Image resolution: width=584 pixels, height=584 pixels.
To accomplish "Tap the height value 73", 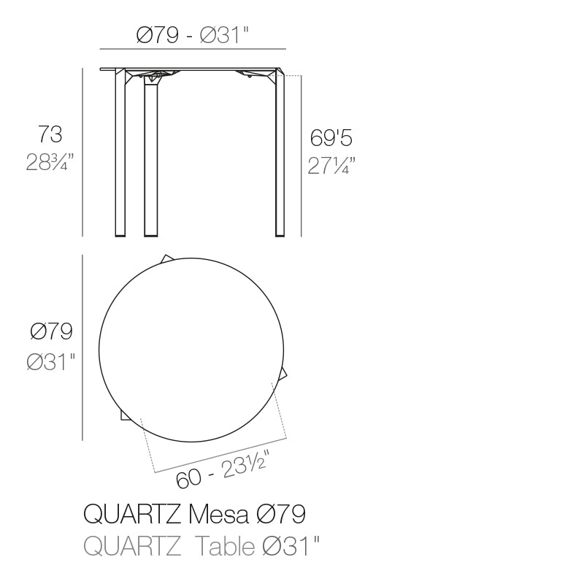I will coord(50,134).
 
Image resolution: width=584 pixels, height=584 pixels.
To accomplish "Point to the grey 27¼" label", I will coord(330,166).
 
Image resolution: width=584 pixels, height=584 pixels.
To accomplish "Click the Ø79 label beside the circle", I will coord(52,332).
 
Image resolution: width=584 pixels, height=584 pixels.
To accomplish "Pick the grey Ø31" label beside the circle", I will coord(52,361).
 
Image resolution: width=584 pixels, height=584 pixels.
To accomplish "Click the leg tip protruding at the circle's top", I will coord(167,258).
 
